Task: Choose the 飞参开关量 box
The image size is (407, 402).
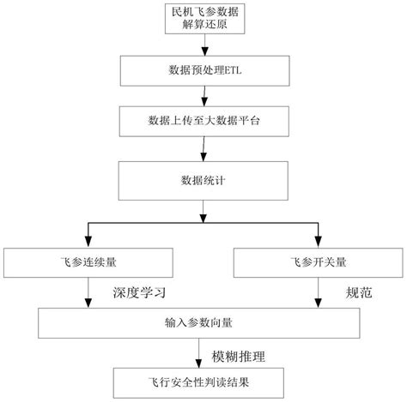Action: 317,261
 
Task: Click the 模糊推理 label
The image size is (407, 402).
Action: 241,352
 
